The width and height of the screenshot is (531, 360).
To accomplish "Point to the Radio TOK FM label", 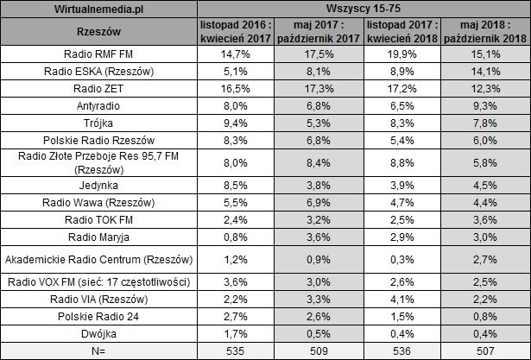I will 99,220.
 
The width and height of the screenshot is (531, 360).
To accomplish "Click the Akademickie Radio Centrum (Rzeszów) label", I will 99,259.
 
